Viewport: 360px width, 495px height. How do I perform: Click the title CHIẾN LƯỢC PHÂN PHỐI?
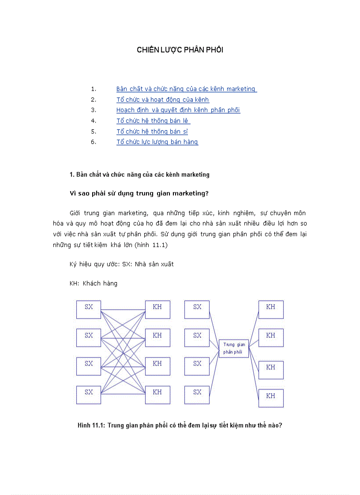pos(180,50)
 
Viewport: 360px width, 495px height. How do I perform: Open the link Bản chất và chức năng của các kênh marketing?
pos(186,89)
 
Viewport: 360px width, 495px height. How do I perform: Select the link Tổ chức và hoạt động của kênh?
pos(162,100)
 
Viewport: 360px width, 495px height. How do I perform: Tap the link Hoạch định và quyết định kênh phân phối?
pos(178,110)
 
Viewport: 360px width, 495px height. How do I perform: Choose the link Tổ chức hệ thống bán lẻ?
pos(153,121)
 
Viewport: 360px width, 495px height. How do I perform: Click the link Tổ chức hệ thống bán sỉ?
pos(152,131)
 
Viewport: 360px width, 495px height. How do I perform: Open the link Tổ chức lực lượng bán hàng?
pos(157,142)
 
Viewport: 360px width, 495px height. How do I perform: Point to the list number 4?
pos(94,121)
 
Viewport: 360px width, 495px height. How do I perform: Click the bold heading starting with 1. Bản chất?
pos(139,175)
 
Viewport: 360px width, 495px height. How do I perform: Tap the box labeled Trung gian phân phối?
pos(234,348)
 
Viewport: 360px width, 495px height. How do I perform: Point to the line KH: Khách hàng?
pos(94,283)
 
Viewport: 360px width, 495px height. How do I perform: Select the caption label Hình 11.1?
pos(91,425)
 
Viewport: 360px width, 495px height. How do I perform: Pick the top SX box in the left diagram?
pos(89,309)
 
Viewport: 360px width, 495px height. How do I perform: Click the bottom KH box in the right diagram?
pos(271,398)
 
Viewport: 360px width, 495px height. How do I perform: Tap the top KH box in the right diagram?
pos(271,309)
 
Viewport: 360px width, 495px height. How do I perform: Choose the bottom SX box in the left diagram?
pos(89,395)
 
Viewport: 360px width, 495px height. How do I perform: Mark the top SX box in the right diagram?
pos(197,309)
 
